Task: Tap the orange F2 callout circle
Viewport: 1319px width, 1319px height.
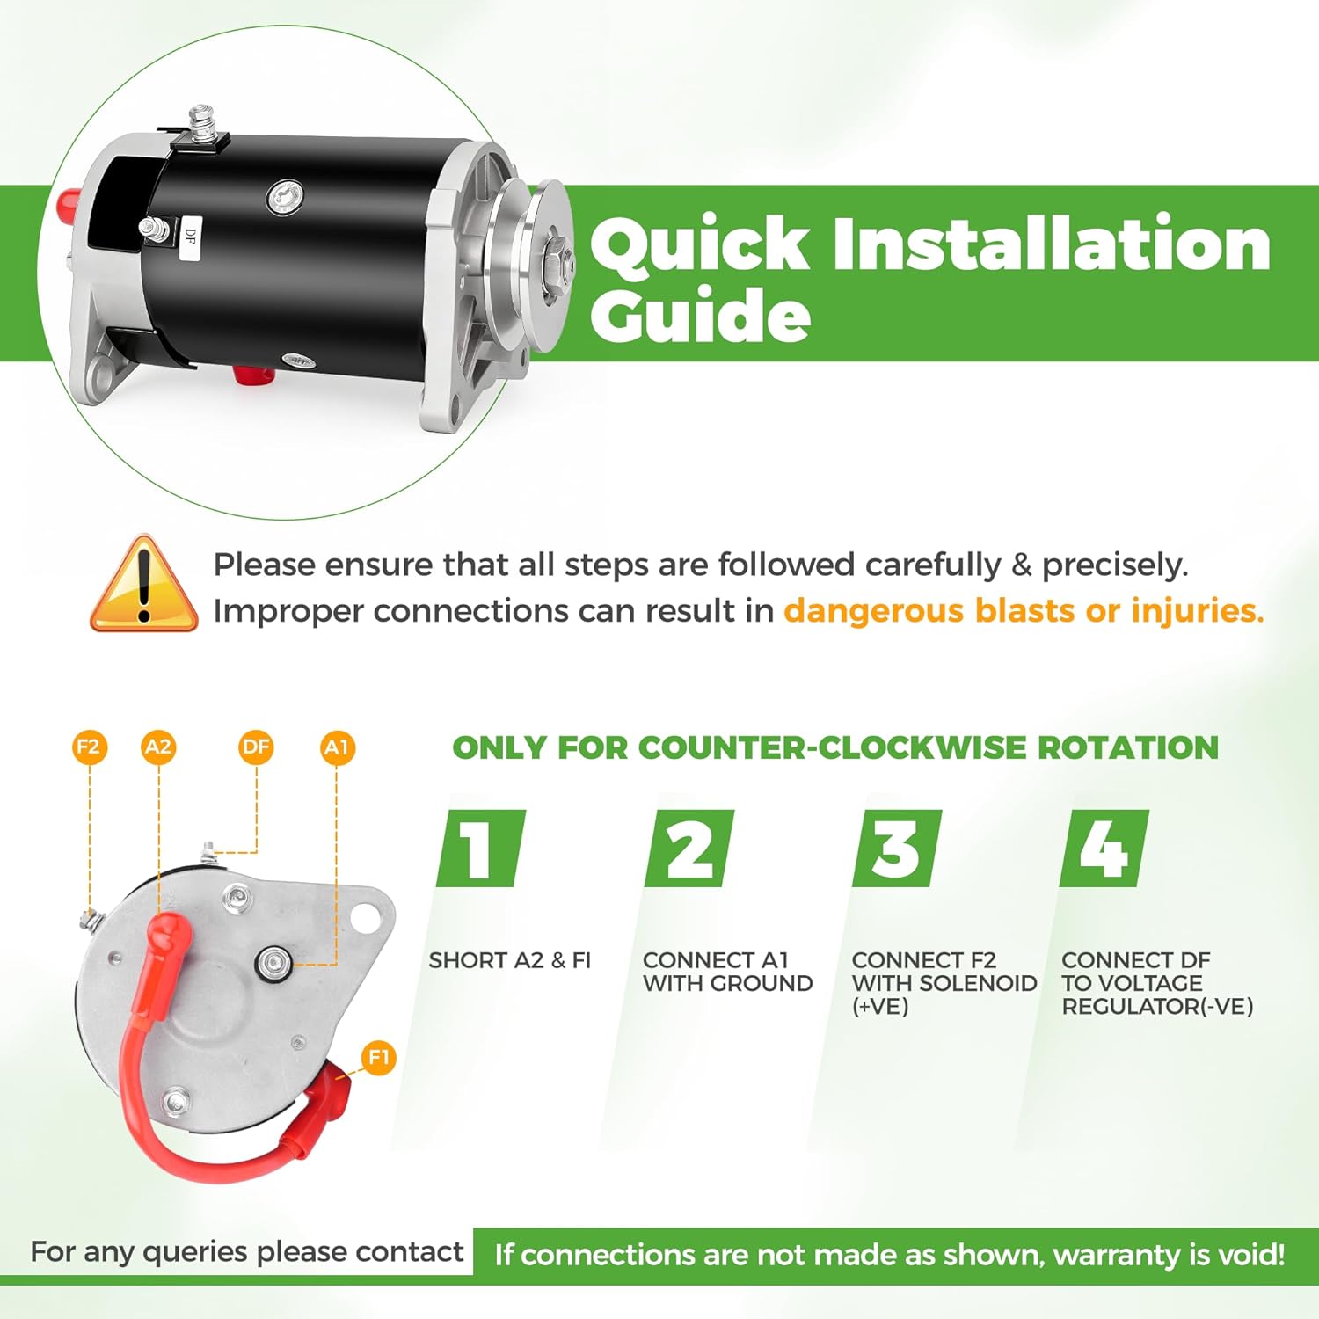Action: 88,747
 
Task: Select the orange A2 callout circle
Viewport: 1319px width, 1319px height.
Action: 158,747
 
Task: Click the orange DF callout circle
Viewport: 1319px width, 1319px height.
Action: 256,747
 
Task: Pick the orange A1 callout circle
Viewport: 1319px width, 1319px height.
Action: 337,747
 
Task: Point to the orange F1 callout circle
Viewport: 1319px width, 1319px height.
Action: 378,1057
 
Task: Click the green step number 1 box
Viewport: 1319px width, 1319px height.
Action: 480,849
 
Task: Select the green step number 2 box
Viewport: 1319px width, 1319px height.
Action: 689,849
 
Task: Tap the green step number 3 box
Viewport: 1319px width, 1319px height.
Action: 896,849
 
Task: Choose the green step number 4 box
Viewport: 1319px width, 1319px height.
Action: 1104,849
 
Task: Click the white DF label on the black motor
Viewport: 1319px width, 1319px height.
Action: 191,237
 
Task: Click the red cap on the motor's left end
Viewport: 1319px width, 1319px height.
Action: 69,204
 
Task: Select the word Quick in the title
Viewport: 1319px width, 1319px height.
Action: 700,244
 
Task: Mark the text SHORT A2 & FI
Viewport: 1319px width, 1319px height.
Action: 509,960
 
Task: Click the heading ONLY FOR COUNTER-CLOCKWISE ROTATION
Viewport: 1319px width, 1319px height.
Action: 835,747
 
